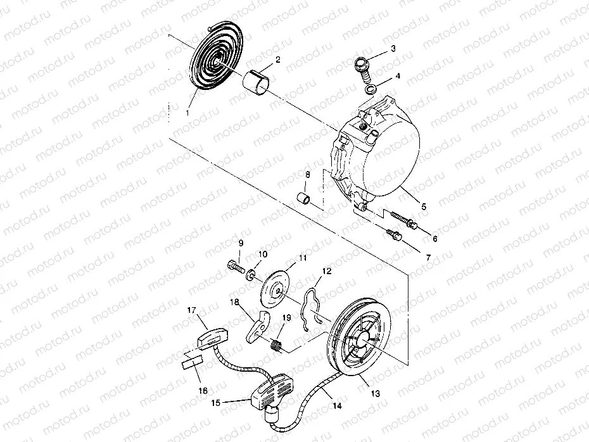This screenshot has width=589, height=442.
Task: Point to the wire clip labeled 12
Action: pos(312,305)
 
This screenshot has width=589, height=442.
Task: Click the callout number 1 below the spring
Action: pos(187,112)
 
